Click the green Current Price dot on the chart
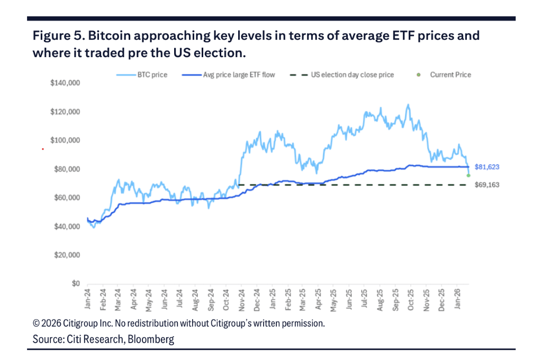coord(468,175)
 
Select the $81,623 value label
coord(487,167)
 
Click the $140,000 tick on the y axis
coord(65,83)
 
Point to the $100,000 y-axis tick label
coord(65,140)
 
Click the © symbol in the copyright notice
coord(37,323)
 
